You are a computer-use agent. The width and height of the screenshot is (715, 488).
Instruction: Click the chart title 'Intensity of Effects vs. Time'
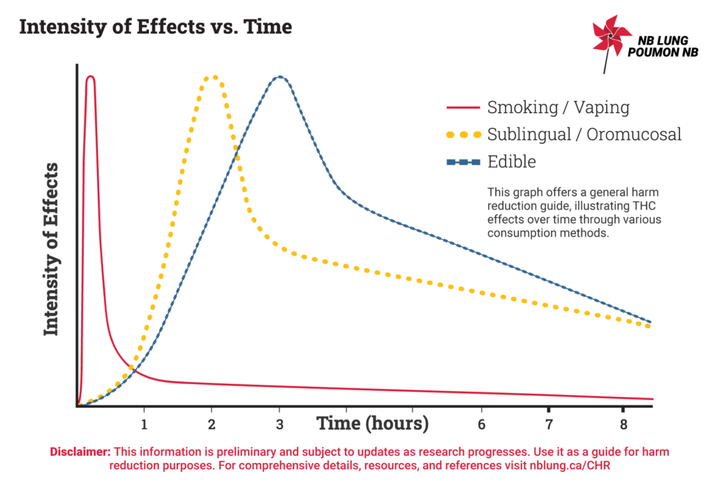[155, 28]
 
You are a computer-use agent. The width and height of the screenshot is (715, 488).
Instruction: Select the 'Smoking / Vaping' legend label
[558, 108]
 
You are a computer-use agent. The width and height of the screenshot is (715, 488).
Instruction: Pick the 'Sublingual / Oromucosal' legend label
[584, 134]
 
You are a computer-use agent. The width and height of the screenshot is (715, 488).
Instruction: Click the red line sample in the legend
[463, 108]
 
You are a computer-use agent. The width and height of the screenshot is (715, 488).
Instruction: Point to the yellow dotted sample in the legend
[463, 135]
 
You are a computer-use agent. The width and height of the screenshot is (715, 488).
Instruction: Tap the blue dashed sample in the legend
[463, 162]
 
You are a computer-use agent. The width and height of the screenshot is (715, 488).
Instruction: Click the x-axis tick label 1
[144, 424]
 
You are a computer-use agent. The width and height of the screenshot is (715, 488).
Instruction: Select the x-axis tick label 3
[279, 424]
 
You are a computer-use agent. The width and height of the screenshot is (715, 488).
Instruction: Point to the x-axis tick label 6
[481, 424]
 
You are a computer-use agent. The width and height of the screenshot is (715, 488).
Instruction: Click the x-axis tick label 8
[617, 424]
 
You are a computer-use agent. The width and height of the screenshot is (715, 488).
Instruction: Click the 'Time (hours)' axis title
[372, 423]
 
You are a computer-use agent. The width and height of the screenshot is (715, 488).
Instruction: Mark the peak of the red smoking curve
[90, 76]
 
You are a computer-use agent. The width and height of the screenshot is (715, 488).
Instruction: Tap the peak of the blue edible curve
[279, 77]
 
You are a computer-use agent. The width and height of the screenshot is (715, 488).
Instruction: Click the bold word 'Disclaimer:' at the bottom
[81, 452]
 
